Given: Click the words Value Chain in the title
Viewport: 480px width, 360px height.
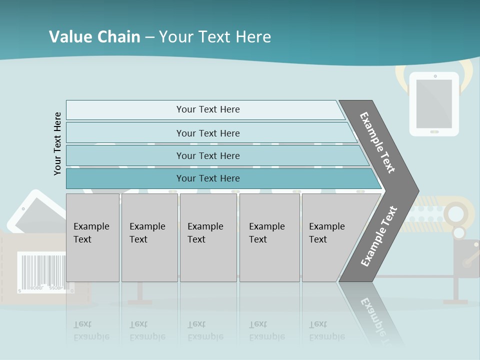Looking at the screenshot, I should [x=94, y=37].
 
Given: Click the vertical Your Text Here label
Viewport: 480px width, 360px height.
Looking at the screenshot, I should [x=57, y=143].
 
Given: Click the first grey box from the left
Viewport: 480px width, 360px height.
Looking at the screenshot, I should [x=92, y=237].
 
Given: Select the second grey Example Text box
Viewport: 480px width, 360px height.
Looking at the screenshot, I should [x=149, y=237].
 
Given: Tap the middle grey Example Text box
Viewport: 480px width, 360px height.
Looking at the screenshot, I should [x=208, y=237].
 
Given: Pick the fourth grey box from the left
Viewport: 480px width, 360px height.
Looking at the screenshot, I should [x=269, y=237].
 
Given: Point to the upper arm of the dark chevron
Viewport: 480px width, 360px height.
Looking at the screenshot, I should [x=378, y=142].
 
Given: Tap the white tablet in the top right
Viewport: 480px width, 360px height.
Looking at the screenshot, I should [x=434, y=104].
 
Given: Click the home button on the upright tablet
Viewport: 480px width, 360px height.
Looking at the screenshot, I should [x=434, y=132].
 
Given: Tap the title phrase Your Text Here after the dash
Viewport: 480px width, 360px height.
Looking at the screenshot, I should [x=215, y=37].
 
